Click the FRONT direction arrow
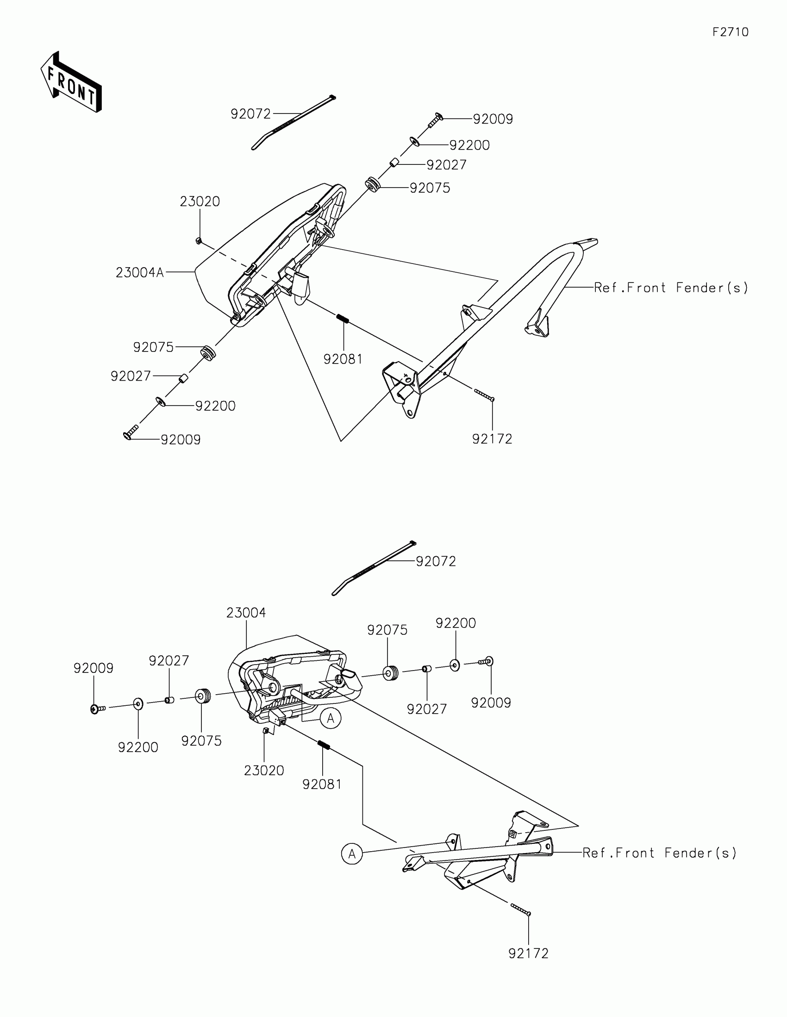coord(71,82)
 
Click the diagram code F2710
coord(730,32)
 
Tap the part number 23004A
coord(140,272)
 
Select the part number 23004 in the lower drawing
coord(246,613)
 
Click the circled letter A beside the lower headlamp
coord(331,718)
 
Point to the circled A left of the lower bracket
coord(352,854)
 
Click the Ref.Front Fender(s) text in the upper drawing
coord(671,288)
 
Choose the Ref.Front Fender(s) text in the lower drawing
coord(659,853)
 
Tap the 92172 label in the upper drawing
coord(492,439)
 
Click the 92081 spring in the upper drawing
coord(343,319)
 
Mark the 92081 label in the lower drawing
coord(322,784)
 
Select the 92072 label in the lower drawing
coord(436,561)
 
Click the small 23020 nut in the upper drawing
coord(198,240)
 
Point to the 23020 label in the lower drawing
coord(264,770)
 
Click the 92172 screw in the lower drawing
coord(521,910)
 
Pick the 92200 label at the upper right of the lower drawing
coord(456,623)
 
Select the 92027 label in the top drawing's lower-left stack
coord(131,376)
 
